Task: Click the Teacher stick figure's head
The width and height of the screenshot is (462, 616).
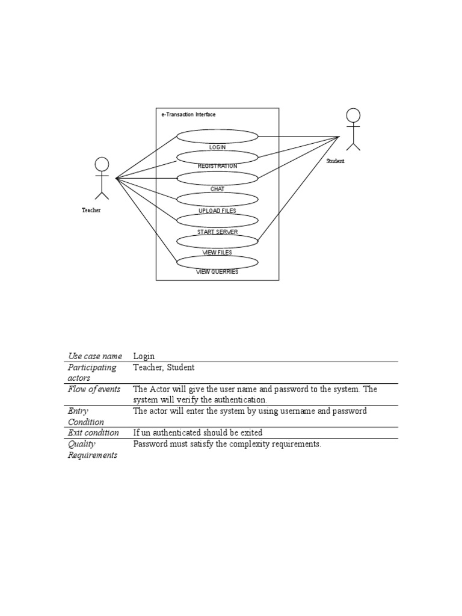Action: (102, 164)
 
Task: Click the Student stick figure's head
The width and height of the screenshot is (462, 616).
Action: (353, 115)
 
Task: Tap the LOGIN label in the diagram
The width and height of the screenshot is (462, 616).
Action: (217, 147)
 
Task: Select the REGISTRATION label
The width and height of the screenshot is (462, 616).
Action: (217, 166)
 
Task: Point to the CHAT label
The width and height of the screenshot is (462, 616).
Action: (217, 189)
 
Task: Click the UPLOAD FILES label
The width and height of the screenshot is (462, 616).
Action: (217, 211)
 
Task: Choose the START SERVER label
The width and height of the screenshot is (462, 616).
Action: (217, 232)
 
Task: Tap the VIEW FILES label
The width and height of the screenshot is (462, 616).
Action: (217, 253)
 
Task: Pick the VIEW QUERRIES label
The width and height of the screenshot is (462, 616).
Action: (217, 271)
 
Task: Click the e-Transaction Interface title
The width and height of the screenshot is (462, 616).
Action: (188, 114)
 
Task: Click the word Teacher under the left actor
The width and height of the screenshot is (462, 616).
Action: (91, 210)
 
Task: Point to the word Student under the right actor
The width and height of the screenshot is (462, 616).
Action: (336, 161)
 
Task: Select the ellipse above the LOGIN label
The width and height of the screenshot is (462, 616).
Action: (217, 136)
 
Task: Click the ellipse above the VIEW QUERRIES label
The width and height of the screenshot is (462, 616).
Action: (217, 262)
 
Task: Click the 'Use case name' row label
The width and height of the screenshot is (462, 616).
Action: (94, 356)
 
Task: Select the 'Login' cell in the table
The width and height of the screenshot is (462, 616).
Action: (144, 356)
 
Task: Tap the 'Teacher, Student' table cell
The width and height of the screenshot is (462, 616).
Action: (164, 367)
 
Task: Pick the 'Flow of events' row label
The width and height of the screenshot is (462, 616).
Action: (94, 389)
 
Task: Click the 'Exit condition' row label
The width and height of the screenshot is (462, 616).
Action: (93, 433)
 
